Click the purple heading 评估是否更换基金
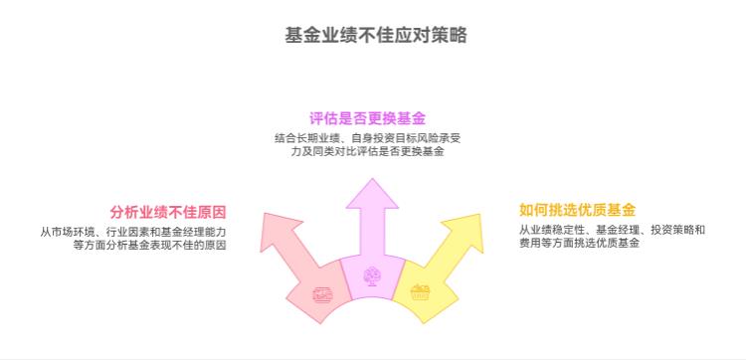373,118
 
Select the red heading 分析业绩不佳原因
168,211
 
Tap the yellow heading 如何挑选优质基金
577,210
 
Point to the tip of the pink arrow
264,214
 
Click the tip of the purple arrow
372,179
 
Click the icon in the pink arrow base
322,294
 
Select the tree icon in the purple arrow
372,275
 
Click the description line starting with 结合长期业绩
372,137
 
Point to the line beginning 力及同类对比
372,152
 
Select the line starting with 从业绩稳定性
611,230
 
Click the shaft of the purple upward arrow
372,234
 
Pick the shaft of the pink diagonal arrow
298,255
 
